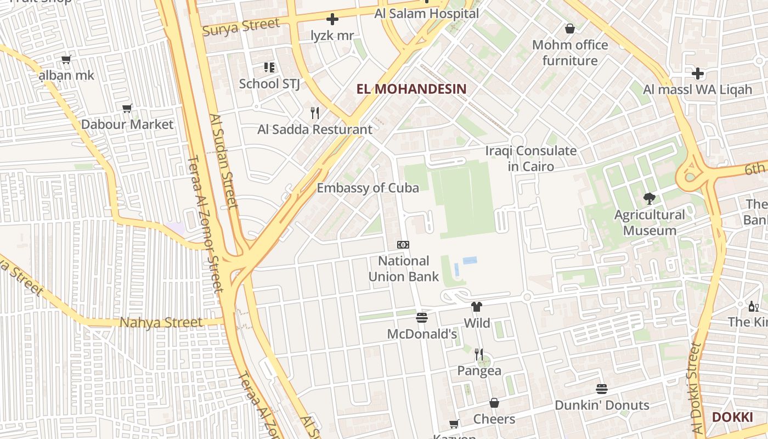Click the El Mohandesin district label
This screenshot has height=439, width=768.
(411, 89)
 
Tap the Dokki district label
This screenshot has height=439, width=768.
(732, 417)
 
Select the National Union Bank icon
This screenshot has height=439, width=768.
(403, 245)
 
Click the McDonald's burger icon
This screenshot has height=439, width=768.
(422, 318)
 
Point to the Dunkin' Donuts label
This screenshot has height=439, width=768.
(602, 406)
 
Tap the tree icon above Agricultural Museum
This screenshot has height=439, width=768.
(650, 199)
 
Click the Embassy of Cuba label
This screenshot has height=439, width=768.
(368, 188)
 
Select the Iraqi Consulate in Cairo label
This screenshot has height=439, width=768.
(530, 158)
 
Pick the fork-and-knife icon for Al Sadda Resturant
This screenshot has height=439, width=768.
(315, 113)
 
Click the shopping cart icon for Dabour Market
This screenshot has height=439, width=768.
(127, 108)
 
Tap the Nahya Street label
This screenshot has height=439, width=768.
(161, 322)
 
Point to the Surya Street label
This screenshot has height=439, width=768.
(241, 27)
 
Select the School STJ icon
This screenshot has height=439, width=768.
(269, 67)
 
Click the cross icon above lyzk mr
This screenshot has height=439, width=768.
(332, 20)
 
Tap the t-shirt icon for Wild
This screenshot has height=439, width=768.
(477, 307)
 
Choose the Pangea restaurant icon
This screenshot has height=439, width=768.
(479, 354)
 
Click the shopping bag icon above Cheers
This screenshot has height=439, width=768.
(494, 403)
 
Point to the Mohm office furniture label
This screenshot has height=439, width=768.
(570, 53)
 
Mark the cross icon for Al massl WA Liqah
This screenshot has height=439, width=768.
(698, 73)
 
